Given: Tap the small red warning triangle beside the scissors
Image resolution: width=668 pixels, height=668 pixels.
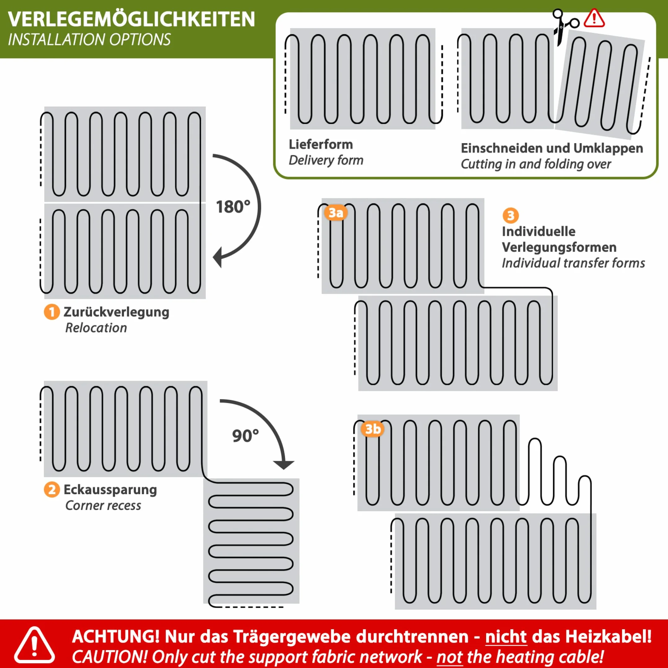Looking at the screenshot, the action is [594, 18].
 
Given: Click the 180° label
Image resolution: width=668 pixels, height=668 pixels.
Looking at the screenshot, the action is [233, 207].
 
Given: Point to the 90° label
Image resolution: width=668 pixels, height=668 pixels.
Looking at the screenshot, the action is [245, 435].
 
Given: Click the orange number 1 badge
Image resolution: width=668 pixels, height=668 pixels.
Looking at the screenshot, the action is [52, 312].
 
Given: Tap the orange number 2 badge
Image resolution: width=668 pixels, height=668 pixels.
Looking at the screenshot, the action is [52, 490].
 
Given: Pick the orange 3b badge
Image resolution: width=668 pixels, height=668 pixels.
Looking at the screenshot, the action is [373, 429].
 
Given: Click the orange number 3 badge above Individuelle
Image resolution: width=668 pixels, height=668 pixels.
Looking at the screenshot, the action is [511, 215].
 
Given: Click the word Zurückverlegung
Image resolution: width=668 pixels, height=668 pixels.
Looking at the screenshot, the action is [116, 312].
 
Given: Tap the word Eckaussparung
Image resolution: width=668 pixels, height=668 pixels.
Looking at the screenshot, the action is [110, 490].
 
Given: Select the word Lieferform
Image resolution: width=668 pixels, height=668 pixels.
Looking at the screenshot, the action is [321, 144].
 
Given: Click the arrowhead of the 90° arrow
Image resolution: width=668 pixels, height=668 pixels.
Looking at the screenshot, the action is [283, 465].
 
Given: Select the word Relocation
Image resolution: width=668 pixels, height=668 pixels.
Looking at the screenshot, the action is [96, 328].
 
